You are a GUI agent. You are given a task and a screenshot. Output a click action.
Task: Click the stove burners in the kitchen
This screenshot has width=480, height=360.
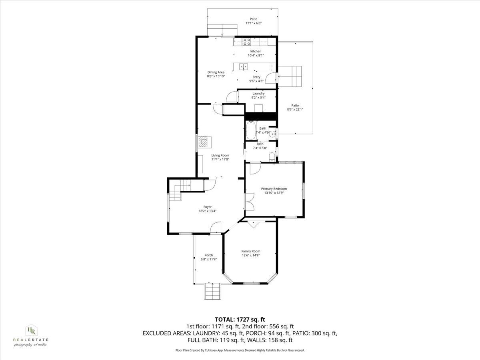click(x=247, y=40)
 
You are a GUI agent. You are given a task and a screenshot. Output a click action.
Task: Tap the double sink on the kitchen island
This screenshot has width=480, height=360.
click(x=243, y=66)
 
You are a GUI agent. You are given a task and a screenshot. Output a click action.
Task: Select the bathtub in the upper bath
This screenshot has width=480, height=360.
click(x=250, y=130)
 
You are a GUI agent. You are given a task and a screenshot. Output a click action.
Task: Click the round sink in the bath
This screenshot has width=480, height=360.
click(x=272, y=134)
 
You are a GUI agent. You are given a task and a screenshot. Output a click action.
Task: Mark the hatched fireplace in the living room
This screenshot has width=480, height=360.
click(x=204, y=142)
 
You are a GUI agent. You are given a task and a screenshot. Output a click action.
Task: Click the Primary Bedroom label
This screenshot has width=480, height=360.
click(x=274, y=189)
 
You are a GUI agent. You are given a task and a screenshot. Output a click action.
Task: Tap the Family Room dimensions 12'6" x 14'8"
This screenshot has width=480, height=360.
click(x=251, y=255)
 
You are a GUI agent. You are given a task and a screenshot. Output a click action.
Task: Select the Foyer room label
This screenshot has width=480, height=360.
click(x=208, y=207)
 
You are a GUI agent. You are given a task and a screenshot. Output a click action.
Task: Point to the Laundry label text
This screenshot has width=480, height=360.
click(x=258, y=94)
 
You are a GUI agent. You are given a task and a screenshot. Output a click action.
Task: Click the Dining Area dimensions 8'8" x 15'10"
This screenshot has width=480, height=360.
click(x=216, y=76)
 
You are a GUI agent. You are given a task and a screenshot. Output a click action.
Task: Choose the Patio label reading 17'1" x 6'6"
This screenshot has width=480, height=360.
click(x=253, y=23)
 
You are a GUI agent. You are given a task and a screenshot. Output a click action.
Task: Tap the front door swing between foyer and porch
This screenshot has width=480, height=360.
click(x=216, y=227)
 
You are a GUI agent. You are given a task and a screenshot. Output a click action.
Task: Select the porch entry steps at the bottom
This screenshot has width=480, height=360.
click(x=213, y=291)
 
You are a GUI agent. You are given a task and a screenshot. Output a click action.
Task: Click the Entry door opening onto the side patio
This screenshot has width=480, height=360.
click(x=272, y=78)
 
